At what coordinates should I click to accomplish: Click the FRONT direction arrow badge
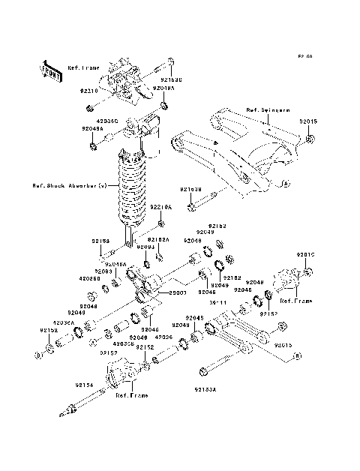pyautogui.click(x=51, y=69)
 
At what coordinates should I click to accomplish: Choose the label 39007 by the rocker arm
pyautogui.click(x=178, y=292)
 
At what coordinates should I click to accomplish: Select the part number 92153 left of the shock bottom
pyautogui.click(x=101, y=241)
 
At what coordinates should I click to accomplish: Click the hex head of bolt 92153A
pyautogui.click(x=202, y=371)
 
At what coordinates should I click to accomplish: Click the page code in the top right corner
pyautogui.click(x=304, y=56)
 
